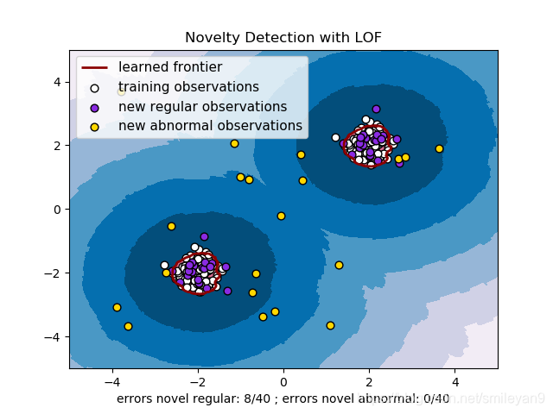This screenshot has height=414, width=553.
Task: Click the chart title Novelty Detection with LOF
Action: [x=283, y=38]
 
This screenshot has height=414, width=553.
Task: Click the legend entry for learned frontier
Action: [x=170, y=67]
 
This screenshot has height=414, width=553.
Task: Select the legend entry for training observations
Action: [x=188, y=87]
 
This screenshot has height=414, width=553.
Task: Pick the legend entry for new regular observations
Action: [x=202, y=107]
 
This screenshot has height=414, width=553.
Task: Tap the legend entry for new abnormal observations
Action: [x=210, y=126]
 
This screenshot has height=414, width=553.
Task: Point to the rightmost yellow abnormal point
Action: [x=439, y=148]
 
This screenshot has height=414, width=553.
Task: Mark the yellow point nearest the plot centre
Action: [x=281, y=216]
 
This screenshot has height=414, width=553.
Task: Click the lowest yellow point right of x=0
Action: [x=330, y=325]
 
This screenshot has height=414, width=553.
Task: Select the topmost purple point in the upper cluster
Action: [x=376, y=109]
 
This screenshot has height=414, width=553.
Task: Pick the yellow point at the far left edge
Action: [x=117, y=307]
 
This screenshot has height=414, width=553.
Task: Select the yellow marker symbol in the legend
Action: [x=94, y=126]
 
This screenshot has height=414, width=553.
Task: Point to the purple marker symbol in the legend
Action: [x=94, y=107]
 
